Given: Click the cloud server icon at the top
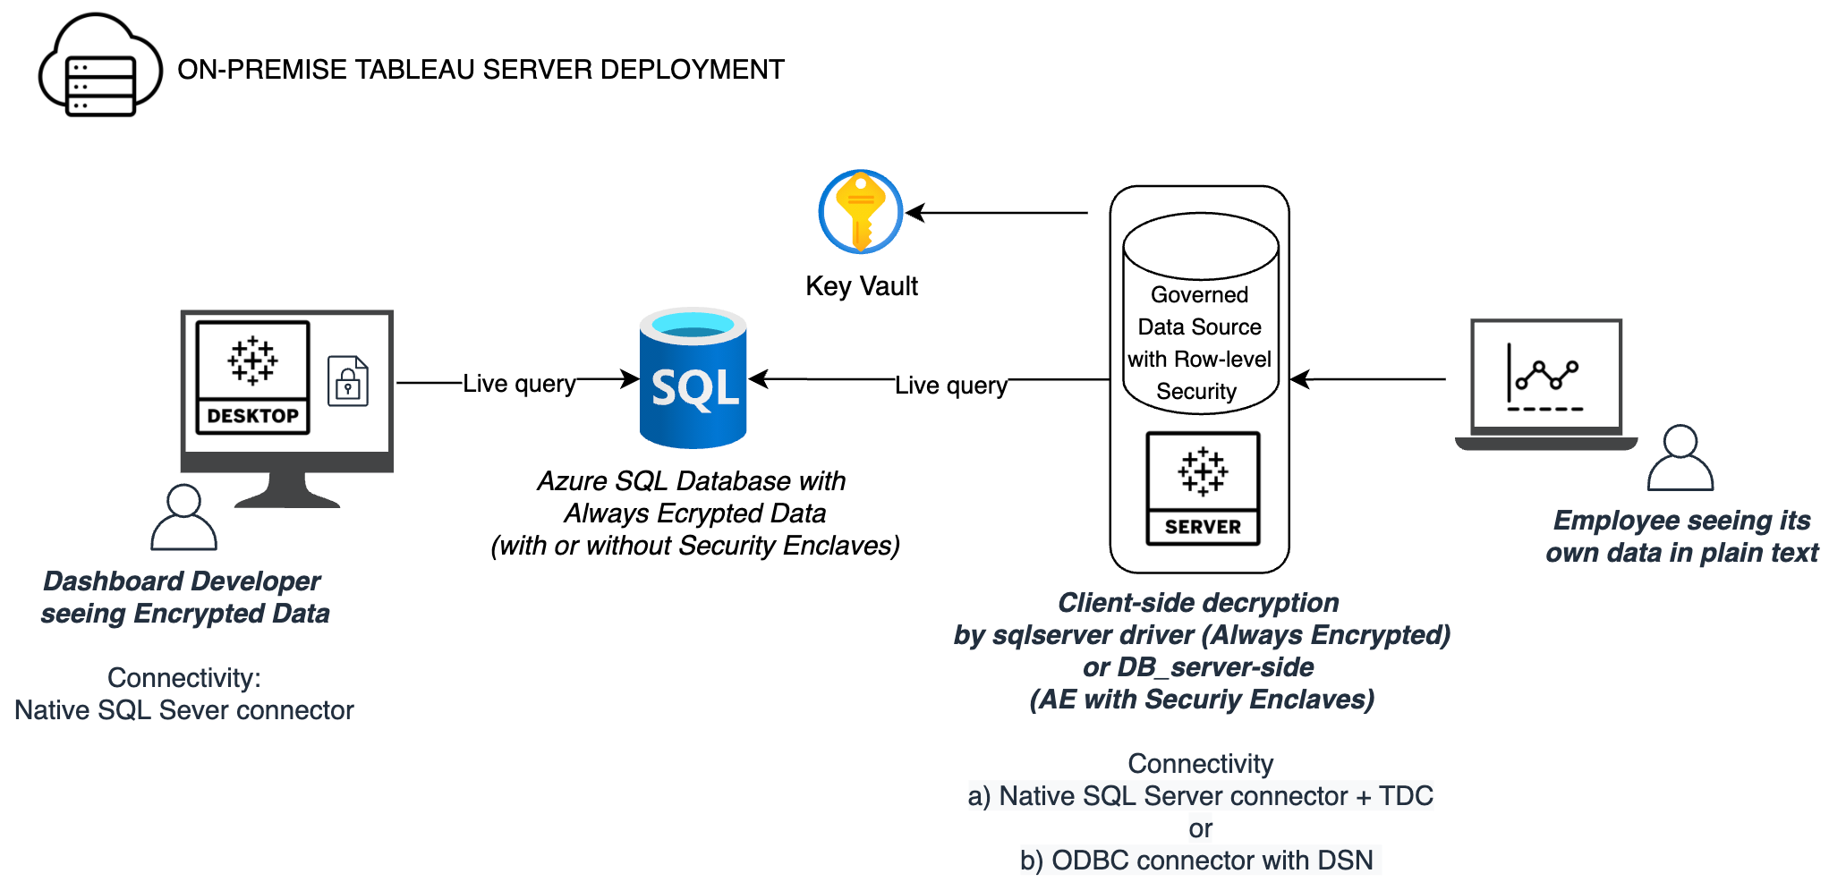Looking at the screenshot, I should (x=99, y=67).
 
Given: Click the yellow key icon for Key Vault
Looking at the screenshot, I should (x=861, y=212).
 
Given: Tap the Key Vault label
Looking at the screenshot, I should (x=862, y=286).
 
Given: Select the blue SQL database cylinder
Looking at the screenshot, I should (x=693, y=378).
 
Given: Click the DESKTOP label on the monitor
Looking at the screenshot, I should (x=253, y=416).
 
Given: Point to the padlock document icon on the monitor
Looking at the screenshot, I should (x=348, y=382).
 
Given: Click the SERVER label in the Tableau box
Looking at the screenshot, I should (x=1203, y=527).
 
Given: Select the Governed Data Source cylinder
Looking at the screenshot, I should (x=1200, y=313).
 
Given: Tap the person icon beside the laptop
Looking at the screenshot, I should (x=1680, y=458).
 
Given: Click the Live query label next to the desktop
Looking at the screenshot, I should (x=519, y=383).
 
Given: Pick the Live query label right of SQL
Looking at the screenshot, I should (x=951, y=385).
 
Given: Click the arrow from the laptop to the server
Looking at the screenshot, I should (x=1369, y=379).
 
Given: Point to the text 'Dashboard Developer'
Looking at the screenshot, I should (x=182, y=581).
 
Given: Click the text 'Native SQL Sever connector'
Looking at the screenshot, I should (x=184, y=710).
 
